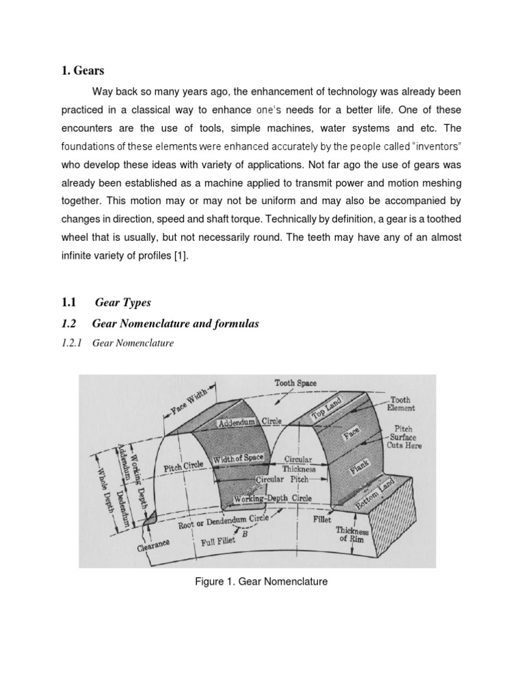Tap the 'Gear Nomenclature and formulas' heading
click(175, 324)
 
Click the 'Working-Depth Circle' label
click(272, 499)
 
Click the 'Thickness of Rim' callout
click(351, 535)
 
